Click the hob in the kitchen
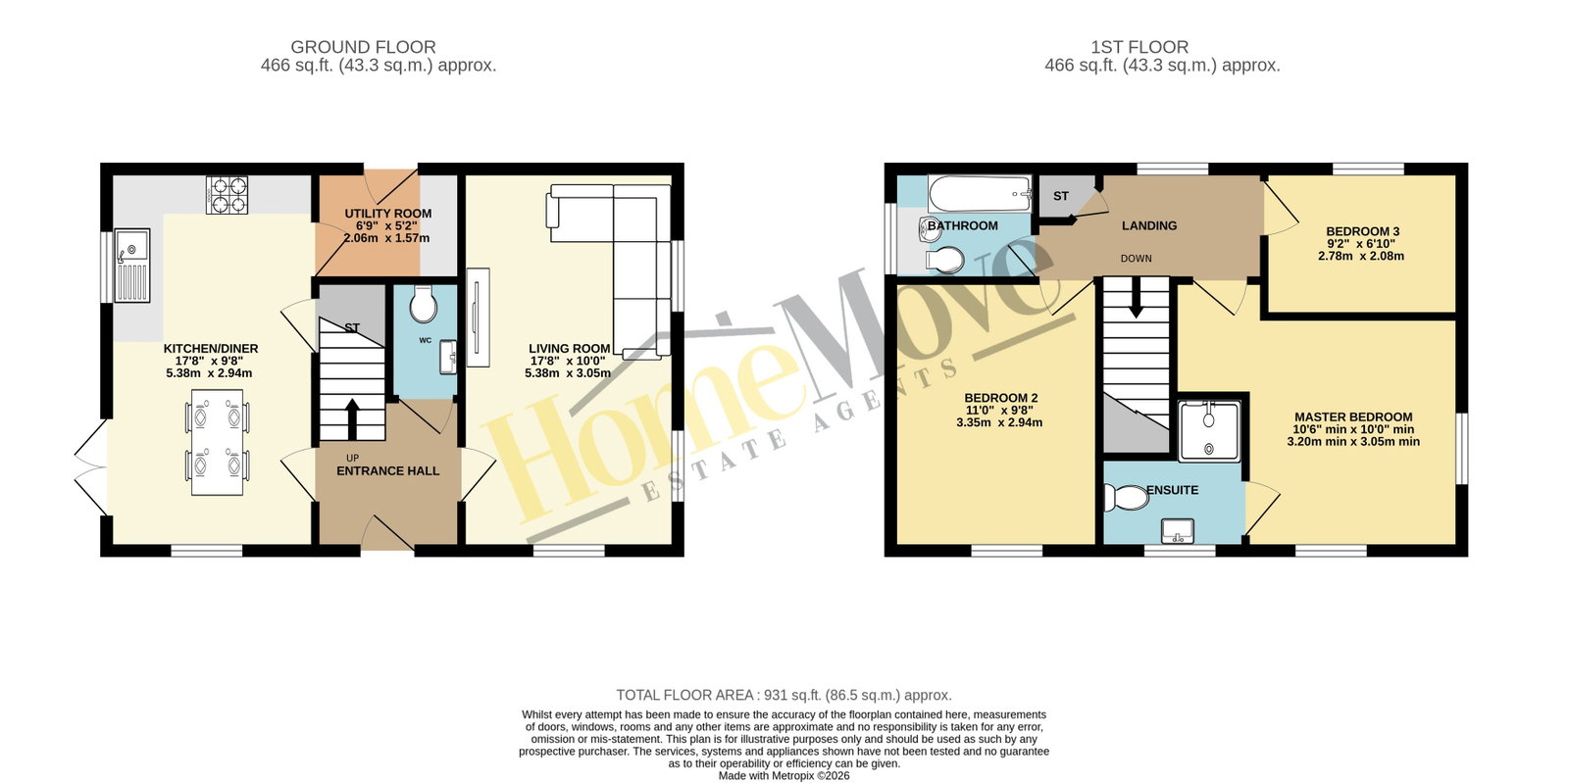click(x=227, y=195)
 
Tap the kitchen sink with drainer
click(x=132, y=266)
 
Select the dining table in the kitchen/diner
click(x=217, y=442)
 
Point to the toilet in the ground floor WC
click(x=423, y=304)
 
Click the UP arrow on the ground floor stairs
click(x=352, y=418)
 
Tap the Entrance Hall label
click(x=388, y=471)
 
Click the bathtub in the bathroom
click(x=980, y=194)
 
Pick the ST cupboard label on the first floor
click(x=1060, y=196)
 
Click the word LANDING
click(x=1149, y=225)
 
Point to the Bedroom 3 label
click(x=1362, y=243)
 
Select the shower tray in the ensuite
click(x=1209, y=431)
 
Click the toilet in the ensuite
click(x=1127, y=498)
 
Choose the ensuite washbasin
click(x=1178, y=531)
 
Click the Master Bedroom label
click(x=1353, y=429)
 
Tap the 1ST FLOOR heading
click(x=1139, y=47)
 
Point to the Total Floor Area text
click(x=784, y=695)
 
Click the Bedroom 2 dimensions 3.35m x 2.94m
click(x=999, y=422)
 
